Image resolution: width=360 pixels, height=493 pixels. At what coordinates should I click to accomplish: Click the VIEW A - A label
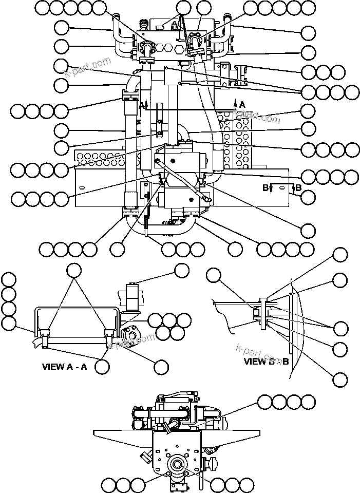click(x=65, y=367)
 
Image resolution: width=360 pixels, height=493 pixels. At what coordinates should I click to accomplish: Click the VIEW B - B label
click(x=267, y=361)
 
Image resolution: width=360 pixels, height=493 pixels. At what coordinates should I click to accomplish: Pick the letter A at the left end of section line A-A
click(x=142, y=105)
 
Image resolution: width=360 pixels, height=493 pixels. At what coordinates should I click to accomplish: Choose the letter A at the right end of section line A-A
click(x=241, y=104)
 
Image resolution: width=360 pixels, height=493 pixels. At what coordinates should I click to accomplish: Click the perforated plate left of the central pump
click(x=98, y=156)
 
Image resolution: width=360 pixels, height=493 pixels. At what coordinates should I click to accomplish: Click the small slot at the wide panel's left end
click(x=81, y=192)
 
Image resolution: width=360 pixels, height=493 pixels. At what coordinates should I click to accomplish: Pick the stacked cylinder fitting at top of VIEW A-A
click(x=132, y=296)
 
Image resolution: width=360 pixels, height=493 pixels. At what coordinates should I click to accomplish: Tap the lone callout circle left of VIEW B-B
click(x=214, y=276)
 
